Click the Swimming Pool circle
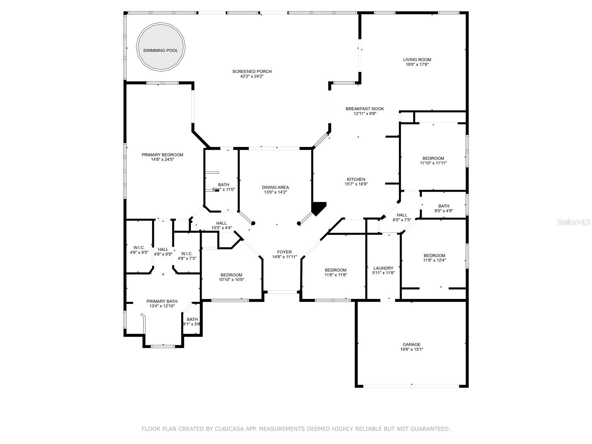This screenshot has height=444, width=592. pos(161,47)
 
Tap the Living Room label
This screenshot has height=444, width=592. pos(417,60)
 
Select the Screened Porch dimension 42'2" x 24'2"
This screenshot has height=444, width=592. pos(252,76)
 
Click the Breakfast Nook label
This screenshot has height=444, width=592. pos(364,109)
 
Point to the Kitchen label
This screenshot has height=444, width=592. pos(356,179)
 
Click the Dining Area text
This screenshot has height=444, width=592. pos(275,187)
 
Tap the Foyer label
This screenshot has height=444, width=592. pos(284,252)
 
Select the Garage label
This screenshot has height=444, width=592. pos(411,344)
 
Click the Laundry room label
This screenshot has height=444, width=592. pos(383,268)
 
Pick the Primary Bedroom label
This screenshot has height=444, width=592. pos(162,155)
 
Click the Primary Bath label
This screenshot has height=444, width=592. pos(162,301)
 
